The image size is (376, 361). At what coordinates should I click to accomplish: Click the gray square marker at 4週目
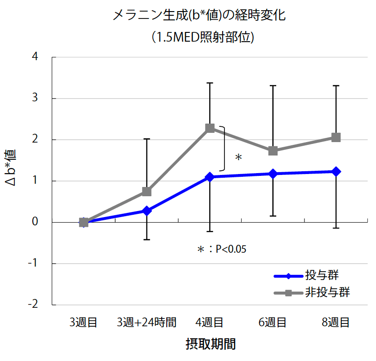coord(210,128)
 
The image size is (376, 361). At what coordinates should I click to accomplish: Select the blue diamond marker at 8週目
coord(336,172)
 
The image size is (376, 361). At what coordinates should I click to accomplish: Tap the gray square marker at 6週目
coord(273,151)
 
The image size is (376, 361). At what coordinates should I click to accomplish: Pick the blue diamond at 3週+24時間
coord(147,211)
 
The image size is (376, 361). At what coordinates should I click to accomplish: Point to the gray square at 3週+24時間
coord(147,192)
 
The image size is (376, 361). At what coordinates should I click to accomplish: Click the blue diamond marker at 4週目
coord(210,177)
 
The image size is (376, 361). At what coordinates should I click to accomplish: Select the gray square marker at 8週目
coord(336,137)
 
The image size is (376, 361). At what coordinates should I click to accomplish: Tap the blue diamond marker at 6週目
coord(273,174)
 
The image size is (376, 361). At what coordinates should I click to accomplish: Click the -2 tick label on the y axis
coord(34,305)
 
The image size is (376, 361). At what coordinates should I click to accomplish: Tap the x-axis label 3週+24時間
coord(147,323)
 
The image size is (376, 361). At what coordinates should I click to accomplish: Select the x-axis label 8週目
coord(336,323)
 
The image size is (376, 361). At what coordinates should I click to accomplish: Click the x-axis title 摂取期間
coord(210,344)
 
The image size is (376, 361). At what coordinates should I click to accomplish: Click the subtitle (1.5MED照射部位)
coord(203,37)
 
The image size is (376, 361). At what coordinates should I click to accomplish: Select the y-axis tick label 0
coord(36,223)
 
